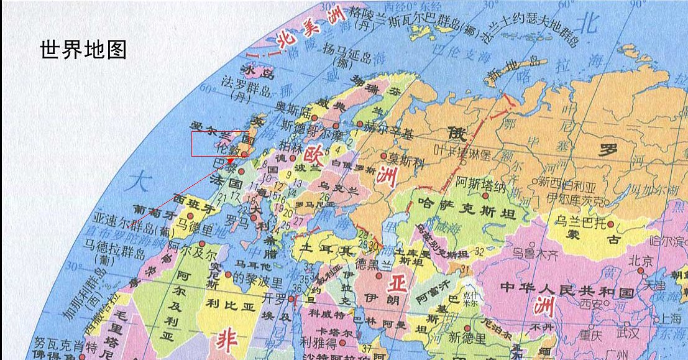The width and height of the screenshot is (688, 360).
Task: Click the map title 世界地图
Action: pyautogui.click(x=83, y=50)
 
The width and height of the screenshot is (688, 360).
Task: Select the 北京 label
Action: pyautogui.click(x=641, y=261)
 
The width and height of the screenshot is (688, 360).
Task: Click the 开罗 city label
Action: pyautogui.click(x=274, y=296)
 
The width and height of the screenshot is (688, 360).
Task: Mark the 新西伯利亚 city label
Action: pyautogui.click(x=567, y=182)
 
